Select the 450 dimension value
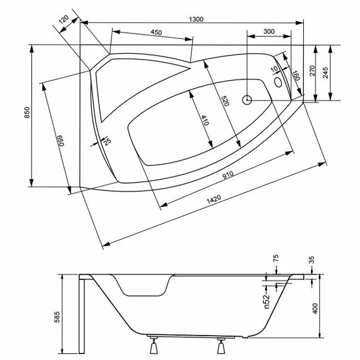(x=157, y=32)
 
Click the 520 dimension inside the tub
(x=224, y=101)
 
